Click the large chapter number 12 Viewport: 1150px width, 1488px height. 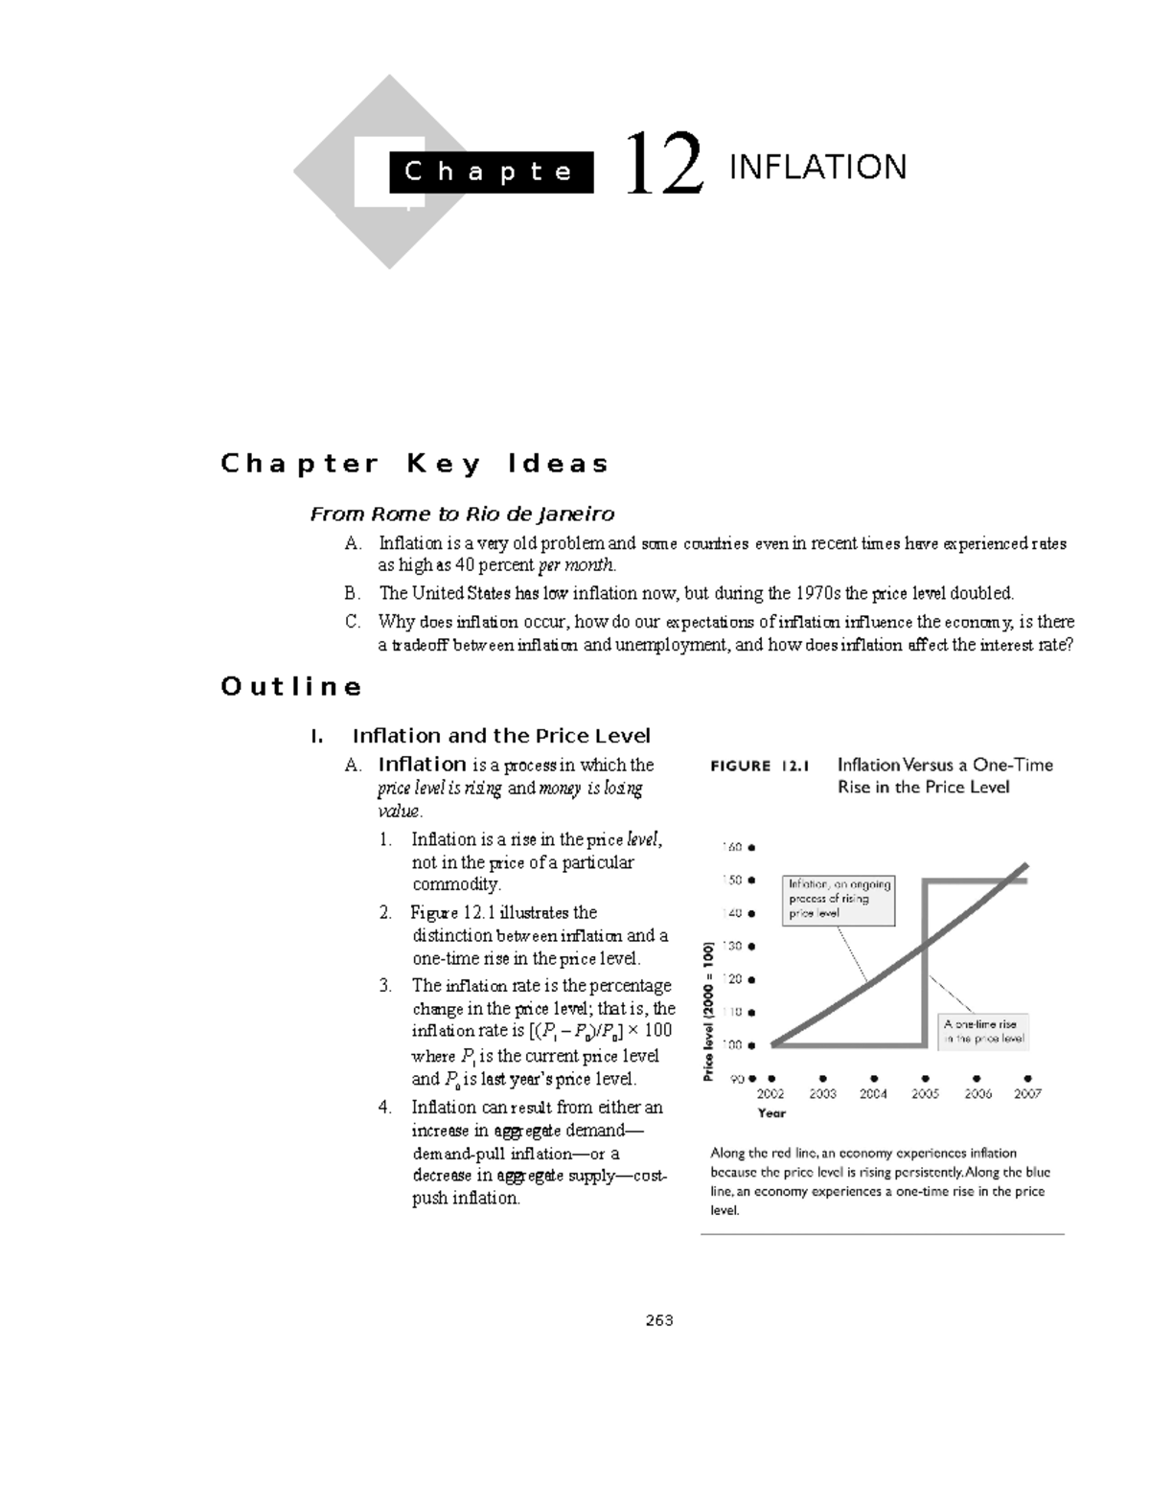coord(663,166)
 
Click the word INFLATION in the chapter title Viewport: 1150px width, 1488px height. coord(817,168)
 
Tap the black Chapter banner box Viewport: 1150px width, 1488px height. coord(490,172)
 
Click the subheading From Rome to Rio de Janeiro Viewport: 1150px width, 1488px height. coord(462,515)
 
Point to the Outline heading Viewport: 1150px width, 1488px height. coord(291,687)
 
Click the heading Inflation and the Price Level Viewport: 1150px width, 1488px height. coord(501,736)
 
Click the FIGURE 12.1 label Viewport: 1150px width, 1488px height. coord(759,766)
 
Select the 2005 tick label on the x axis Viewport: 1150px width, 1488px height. coord(925,1093)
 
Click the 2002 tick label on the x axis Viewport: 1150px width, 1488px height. coord(770,1093)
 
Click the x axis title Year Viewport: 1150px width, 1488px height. coord(771,1113)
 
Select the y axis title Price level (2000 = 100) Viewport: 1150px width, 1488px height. coord(709,1012)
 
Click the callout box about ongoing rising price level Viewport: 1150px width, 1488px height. coord(839,899)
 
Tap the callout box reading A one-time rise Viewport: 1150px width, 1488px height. coord(983,1031)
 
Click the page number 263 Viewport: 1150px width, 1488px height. coord(658,1320)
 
